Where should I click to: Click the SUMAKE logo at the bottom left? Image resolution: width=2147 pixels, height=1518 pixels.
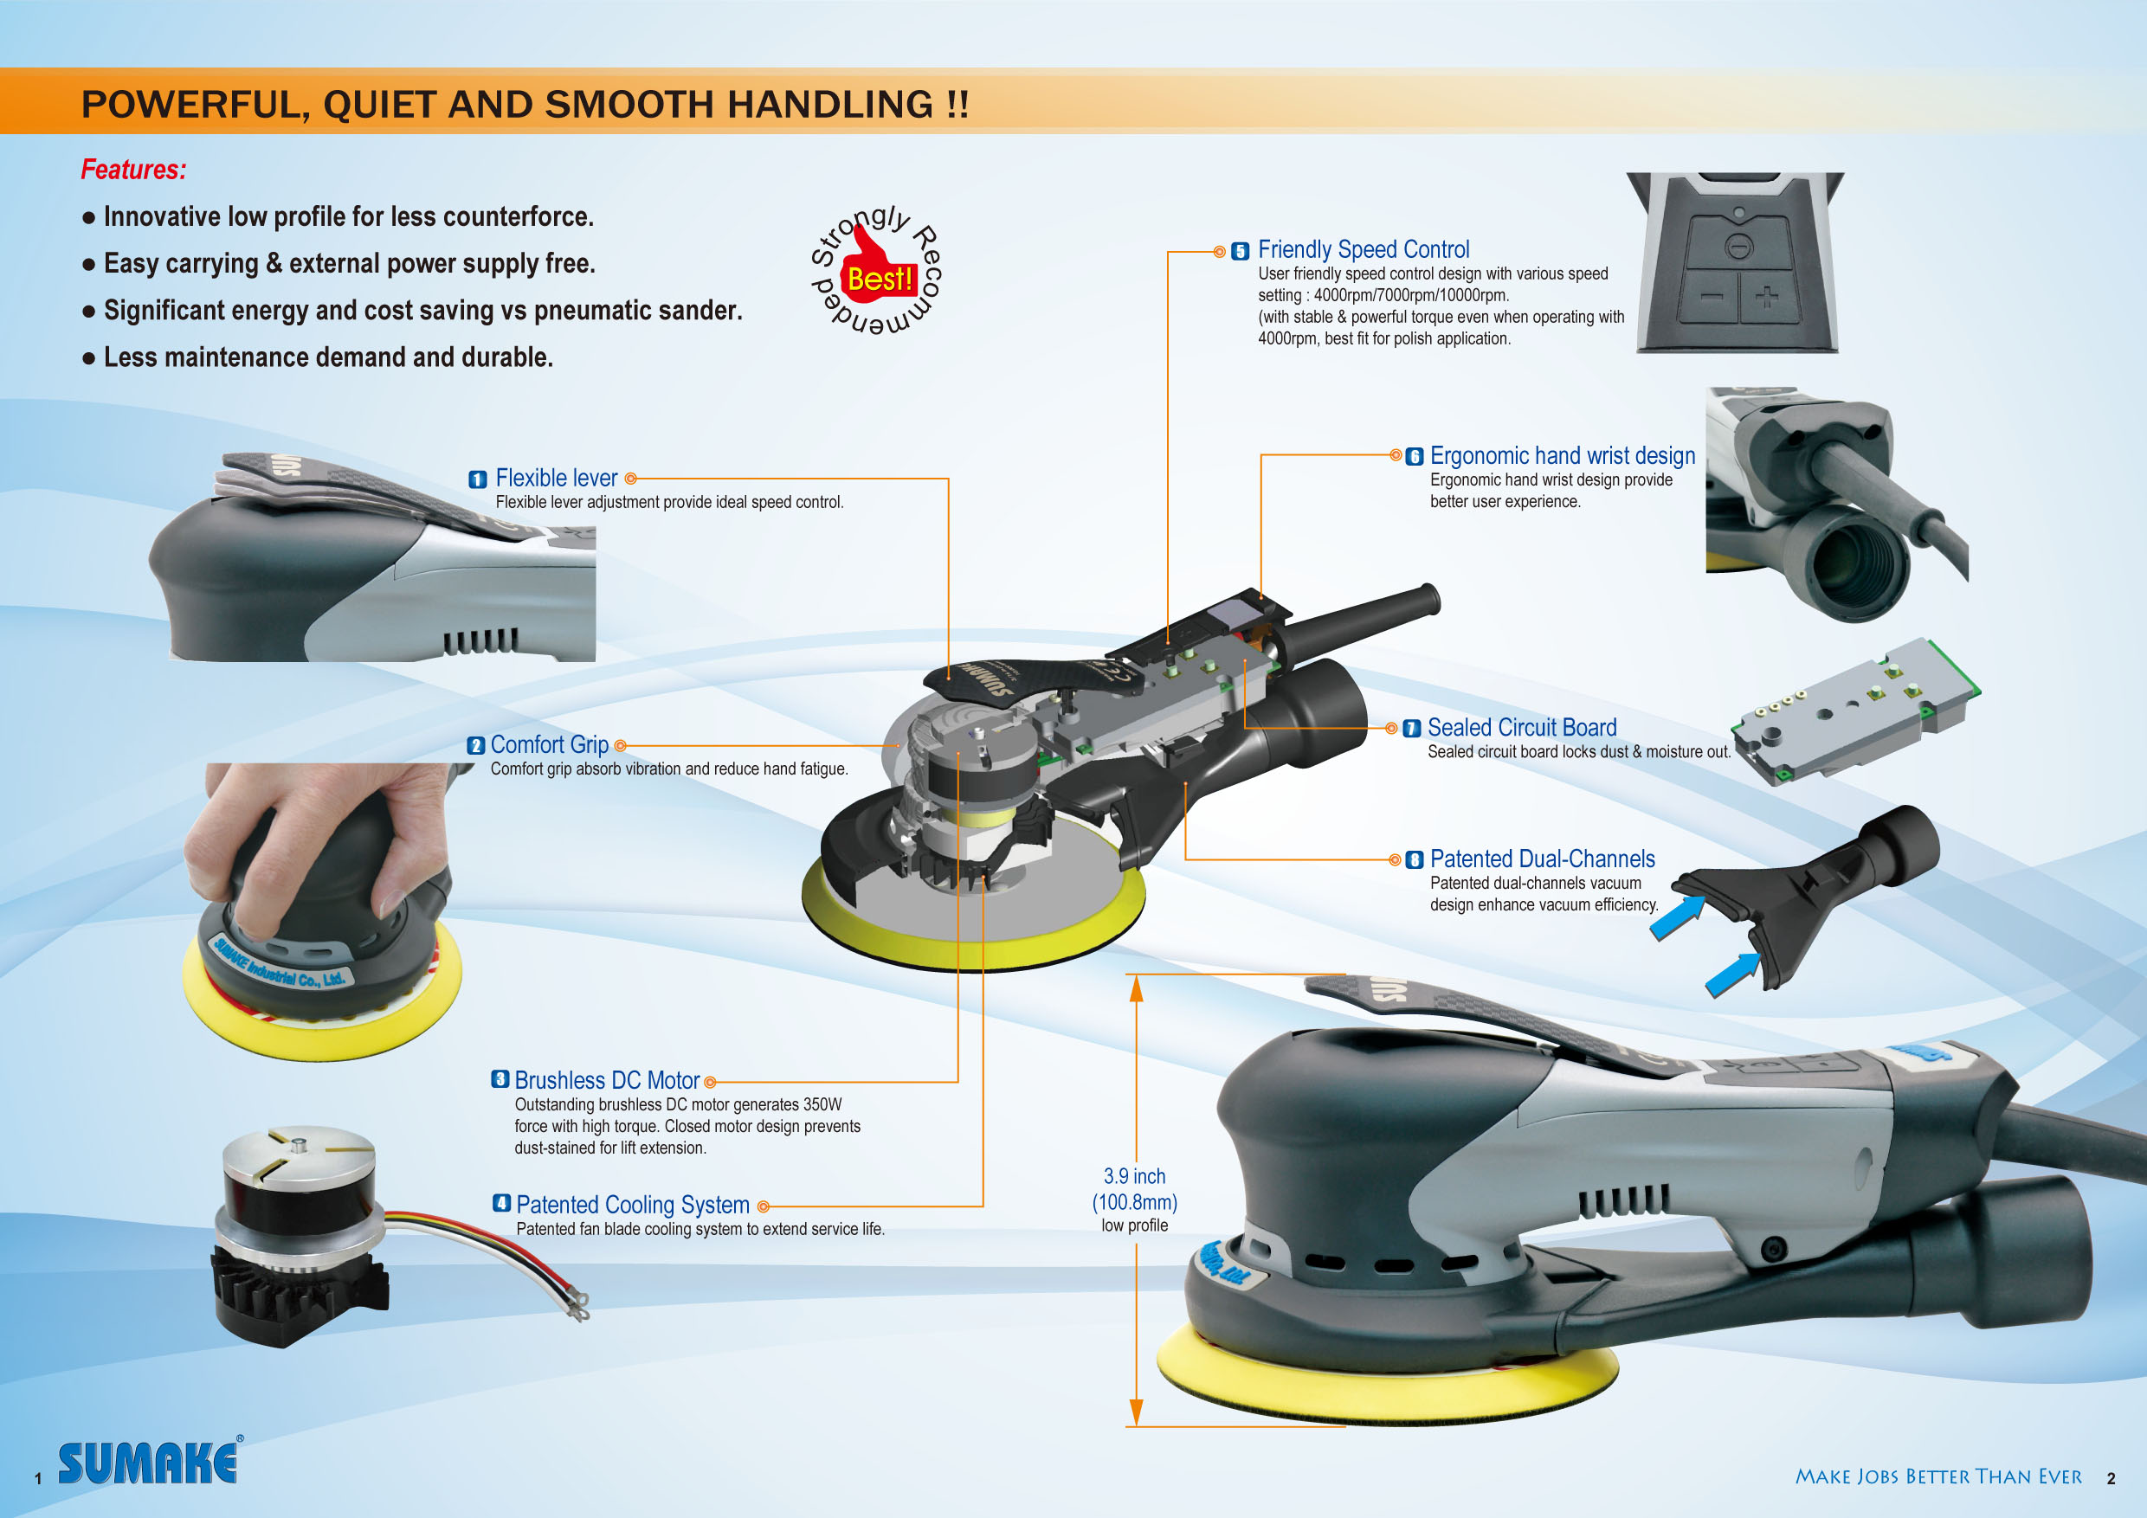(149, 1462)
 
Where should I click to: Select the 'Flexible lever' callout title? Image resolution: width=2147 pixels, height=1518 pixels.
(557, 478)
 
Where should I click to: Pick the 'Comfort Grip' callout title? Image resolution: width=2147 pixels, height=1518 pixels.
(550, 745)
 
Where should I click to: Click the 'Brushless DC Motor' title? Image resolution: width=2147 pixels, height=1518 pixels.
(607, 1081)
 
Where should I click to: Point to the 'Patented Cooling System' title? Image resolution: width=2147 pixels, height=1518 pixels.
(633, 1205)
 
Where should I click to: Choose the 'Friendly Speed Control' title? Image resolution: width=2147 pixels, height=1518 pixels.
(1364, 249)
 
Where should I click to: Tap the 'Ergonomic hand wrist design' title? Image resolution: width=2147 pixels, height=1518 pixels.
(1563, 456)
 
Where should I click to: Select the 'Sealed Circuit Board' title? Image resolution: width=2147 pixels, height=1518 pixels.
(1521, 727)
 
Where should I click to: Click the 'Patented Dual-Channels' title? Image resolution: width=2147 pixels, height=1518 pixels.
(1542, 859)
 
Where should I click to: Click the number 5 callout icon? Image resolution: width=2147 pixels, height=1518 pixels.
(1240, 252)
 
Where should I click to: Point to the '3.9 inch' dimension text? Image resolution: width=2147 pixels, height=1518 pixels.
(1134, 1176)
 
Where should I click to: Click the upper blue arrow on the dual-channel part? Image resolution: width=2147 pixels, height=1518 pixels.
(1677, 917)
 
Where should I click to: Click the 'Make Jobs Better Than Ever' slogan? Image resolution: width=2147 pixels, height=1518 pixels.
(1937, 1476)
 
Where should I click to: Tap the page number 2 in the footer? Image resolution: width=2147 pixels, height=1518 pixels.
(2111, 1479)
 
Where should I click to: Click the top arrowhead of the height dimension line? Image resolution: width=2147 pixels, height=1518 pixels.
(1136, 988)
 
